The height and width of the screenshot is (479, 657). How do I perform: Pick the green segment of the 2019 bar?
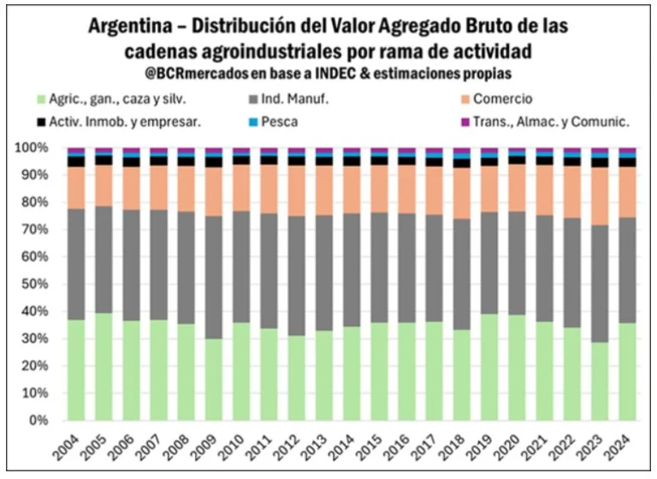(x=489, y=367)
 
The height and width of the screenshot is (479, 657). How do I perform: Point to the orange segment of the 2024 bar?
(x=627, y=192)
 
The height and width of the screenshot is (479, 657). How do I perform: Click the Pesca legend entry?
(x=280, y=121)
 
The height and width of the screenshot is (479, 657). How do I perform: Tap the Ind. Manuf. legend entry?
(x=296, y=99)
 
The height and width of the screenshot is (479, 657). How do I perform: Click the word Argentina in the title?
(x=133, y=27)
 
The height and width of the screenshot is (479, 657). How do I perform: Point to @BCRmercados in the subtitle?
(x=193, y=74)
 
